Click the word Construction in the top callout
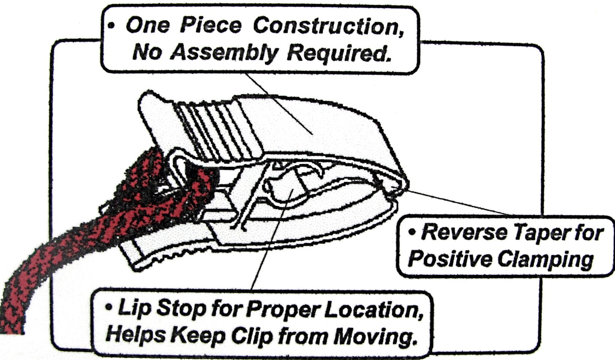[329, 26]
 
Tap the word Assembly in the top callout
[224, 53]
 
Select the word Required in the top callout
[339, 53]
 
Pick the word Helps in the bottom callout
[136, 335]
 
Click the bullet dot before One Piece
[111, 26]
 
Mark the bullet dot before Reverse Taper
[412, 232]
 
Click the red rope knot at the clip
[162, 186]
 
